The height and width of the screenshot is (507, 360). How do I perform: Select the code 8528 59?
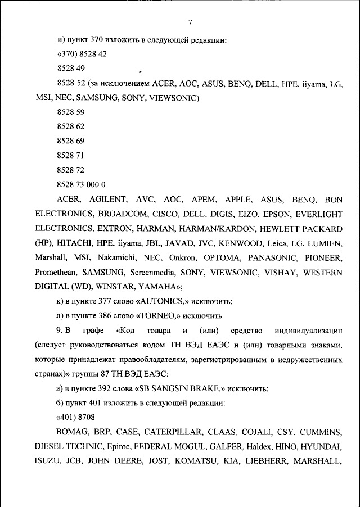71,112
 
